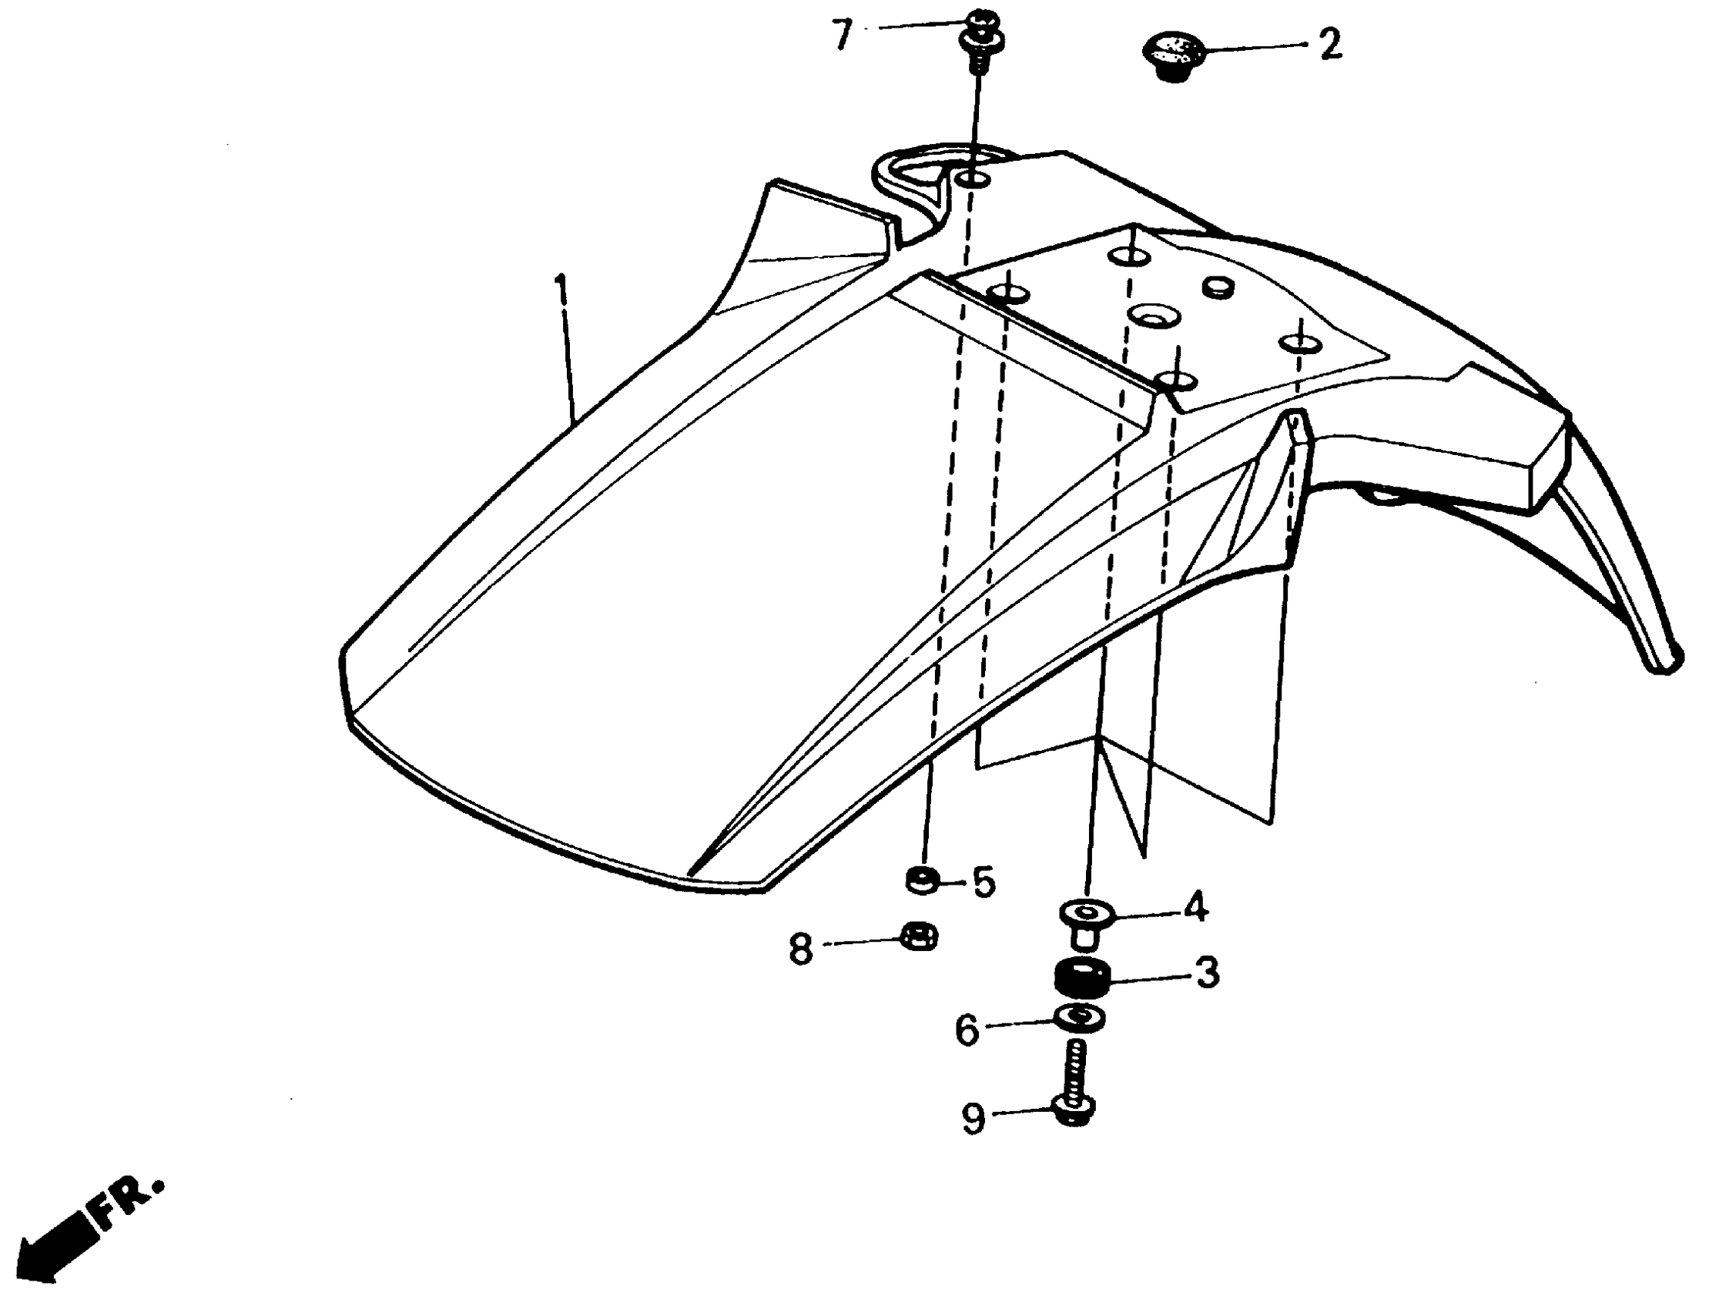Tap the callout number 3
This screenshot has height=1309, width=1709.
tap(1206, 973)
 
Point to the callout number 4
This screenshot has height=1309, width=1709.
tap(1195, 907)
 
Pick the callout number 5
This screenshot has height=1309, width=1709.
tap(984, 882)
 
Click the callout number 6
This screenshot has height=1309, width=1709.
tap(967, 1030)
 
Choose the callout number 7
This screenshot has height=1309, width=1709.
tap(842, 35)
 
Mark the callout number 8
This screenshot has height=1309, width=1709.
tap(800, 951)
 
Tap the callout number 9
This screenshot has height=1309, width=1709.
tap(973, 1119)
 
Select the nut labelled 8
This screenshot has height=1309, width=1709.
tap(920, 936)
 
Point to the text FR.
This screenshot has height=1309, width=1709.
tap(129, 1200)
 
